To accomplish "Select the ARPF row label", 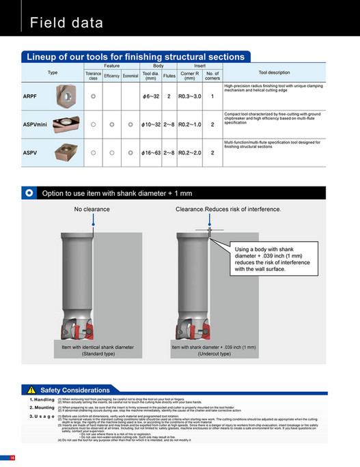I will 30,97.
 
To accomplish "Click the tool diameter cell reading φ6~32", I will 150,97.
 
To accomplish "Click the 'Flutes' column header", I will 169,75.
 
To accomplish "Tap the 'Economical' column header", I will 130,75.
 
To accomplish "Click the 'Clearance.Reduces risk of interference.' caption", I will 227,209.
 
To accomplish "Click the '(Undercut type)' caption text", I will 214,354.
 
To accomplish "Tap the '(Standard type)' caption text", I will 98,354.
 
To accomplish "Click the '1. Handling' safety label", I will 42,399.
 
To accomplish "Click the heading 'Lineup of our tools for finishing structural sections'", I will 135,57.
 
